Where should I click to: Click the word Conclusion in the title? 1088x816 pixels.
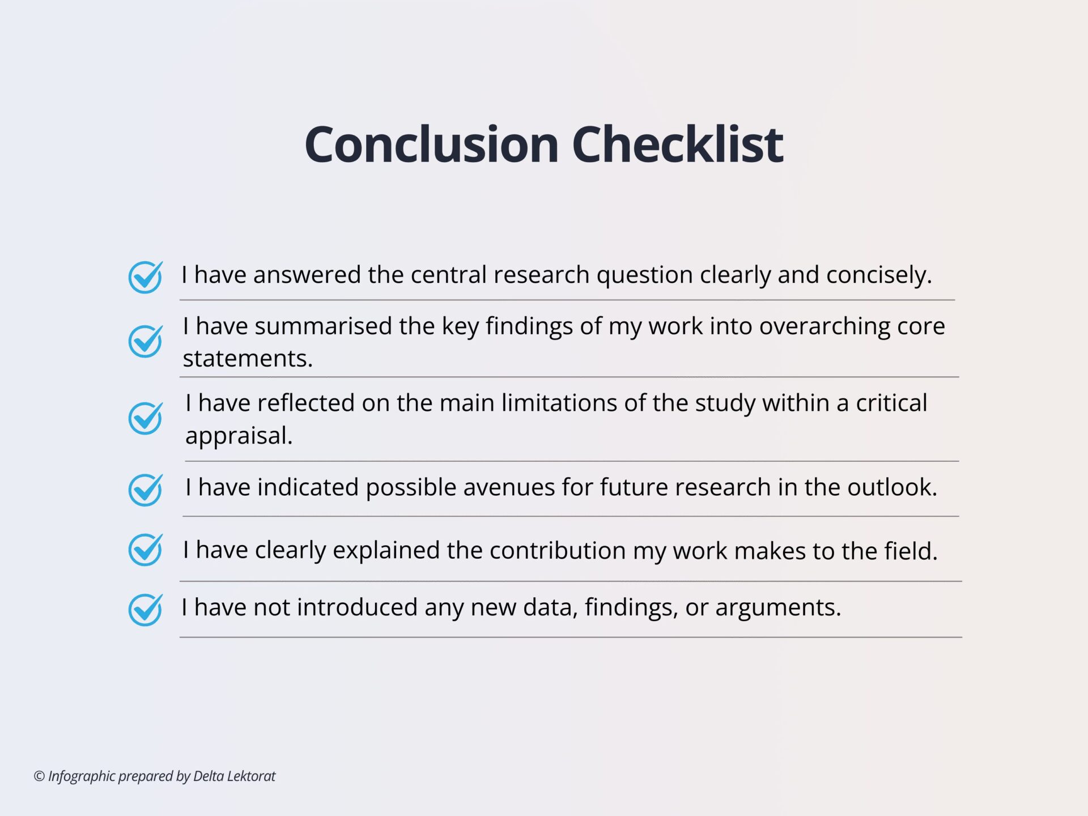(432, 144)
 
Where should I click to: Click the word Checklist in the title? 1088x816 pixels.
(678, 144)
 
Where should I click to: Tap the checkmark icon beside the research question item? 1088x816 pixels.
(146, 277)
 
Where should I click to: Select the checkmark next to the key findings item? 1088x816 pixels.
(146, 341)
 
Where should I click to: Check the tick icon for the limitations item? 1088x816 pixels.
(146, 418)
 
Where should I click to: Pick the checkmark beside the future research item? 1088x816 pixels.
(146, 490)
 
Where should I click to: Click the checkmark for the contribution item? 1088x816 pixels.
(146, 550)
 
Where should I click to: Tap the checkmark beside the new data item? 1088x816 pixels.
(146, 610)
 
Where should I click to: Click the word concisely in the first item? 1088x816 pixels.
(879, 275)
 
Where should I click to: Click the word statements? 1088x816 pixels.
(248, 359)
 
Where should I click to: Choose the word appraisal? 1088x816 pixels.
(239, 436)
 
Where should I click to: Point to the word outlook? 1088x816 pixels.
(892, 487)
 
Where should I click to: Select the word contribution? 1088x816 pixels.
(558, 551)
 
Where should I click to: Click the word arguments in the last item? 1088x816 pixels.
(778, 608)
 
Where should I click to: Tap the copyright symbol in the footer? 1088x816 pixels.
(39, 776)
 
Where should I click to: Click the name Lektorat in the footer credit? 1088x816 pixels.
(251, 776)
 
